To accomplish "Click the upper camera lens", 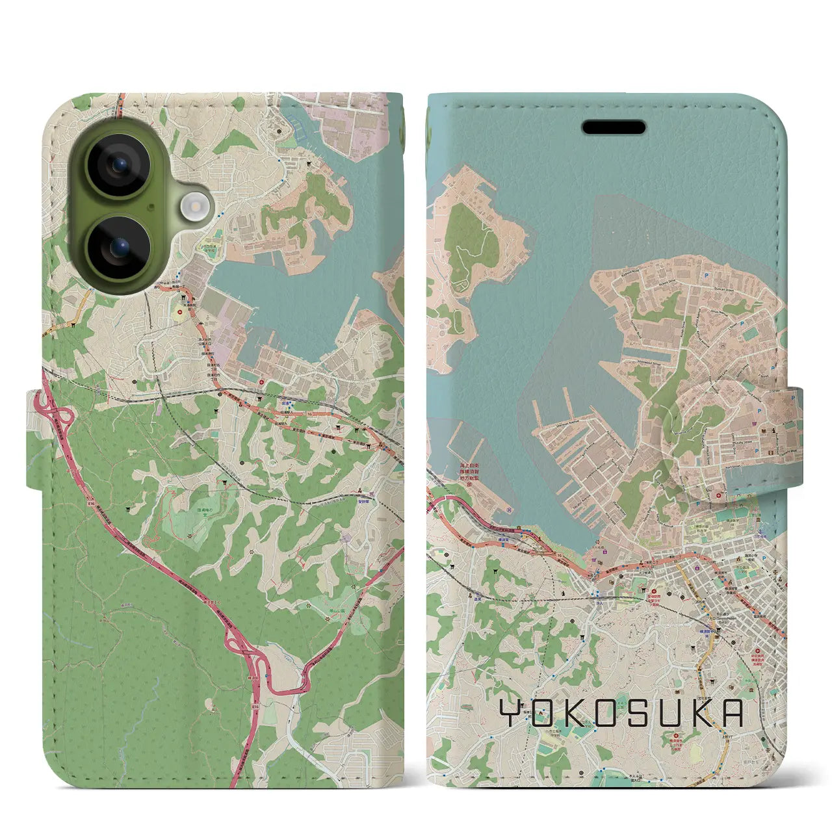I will click(x=119, y=165).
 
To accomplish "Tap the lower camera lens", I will click(x=119, y=247).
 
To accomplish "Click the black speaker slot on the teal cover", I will click(x=614, y=127).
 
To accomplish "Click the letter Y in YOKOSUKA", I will click(x=511, y=714).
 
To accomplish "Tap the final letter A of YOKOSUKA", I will click(x=732, y=714).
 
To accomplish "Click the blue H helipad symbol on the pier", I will click(x=508, y=509).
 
